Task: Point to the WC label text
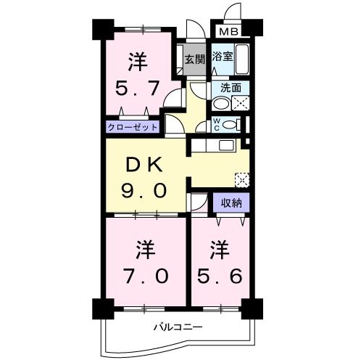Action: point(217,123)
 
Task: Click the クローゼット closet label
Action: point(133,126)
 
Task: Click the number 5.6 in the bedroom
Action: point(220,275)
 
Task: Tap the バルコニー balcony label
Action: point(177,327)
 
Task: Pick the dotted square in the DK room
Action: point(242,179)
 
